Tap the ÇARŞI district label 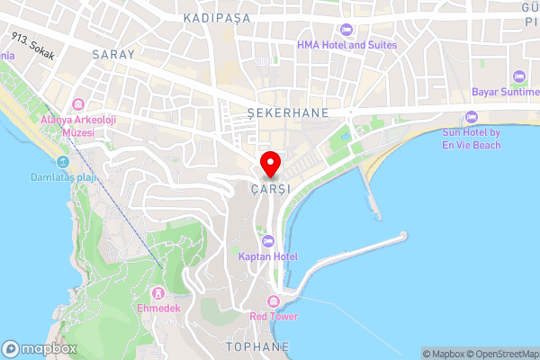point(270,189)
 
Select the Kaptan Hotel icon point(268,240)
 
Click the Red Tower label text point(275,317)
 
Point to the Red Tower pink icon point(274,301)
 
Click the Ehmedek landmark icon point(157,292)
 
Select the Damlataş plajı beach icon point(62,162)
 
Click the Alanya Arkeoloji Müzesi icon point(78,103)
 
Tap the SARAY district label point(112,54)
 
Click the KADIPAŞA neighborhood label point(214,17)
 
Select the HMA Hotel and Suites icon point(346,30)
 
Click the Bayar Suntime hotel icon point(518,76)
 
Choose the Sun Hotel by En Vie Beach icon point(471,117)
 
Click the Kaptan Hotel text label point(267,257)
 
